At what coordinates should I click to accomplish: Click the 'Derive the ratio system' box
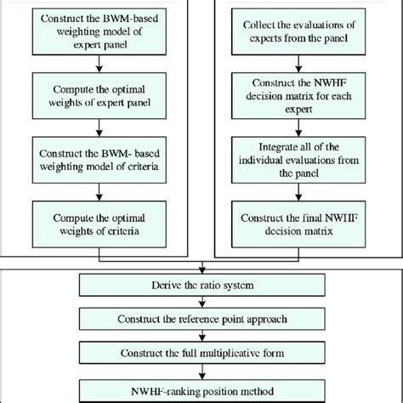(201, 281)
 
